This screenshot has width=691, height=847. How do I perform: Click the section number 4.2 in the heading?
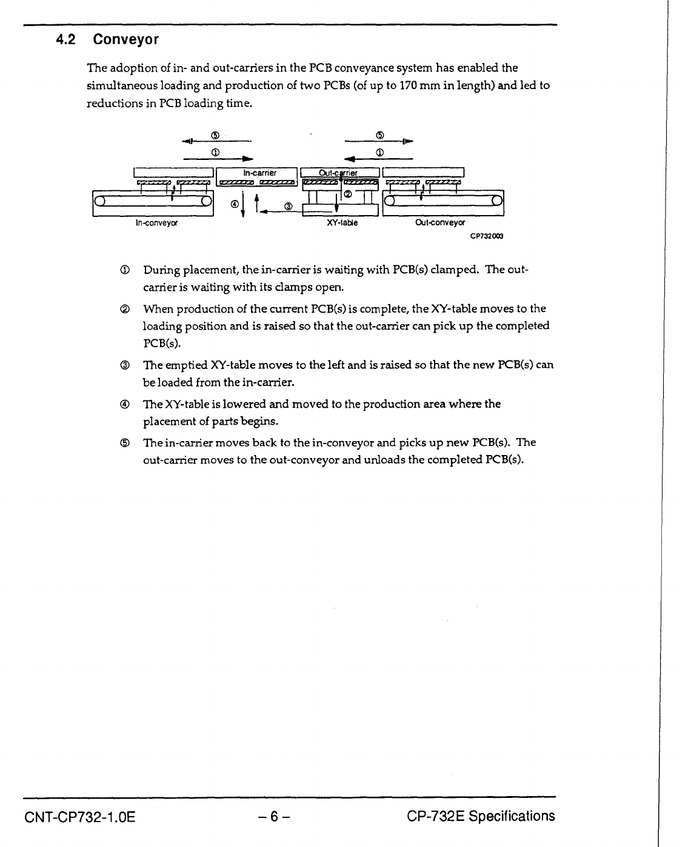click(65, 41)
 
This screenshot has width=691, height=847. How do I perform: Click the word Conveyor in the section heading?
click(126, 41)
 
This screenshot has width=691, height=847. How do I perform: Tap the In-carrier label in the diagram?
click(259, 173)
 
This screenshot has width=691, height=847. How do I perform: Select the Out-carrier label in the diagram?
click(339, 173)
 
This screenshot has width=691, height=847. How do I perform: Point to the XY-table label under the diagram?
click(342, 223)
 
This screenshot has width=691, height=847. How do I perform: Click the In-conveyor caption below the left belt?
click(156, 223)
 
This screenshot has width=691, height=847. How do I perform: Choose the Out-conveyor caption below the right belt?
click(440, 223)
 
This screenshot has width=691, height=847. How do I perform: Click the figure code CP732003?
click(487, 236)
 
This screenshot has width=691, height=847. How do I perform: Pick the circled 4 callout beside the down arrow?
click(234, 205)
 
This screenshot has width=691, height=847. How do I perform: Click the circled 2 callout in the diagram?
click(348, 194)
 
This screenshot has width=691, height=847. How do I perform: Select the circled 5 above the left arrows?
click(215, 135)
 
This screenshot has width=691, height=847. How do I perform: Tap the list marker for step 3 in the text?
click(124, 365)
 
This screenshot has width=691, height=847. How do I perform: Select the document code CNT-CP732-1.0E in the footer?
click(80, 817)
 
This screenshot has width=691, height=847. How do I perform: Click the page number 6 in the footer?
click(274, 817)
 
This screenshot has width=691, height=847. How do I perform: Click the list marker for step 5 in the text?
click(124, 443)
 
